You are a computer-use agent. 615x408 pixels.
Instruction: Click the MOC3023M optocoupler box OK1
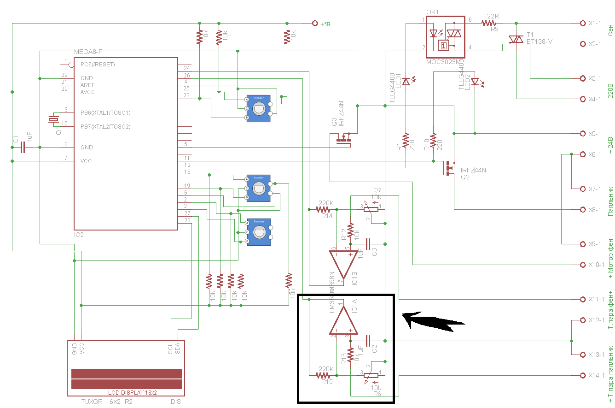pos(444,37)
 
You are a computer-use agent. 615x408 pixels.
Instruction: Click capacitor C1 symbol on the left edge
pos(22,148)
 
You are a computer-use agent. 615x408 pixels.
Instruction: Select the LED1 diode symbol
pos(406,82)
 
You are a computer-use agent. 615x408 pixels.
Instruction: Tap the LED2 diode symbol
pos(475,82)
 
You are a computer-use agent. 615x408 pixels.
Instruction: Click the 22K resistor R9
pos(490,23)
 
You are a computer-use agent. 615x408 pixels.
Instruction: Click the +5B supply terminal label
pos(325,24)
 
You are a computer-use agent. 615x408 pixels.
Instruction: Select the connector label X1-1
pos(595,23)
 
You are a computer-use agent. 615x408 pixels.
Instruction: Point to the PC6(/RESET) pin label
pos(98,65)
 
